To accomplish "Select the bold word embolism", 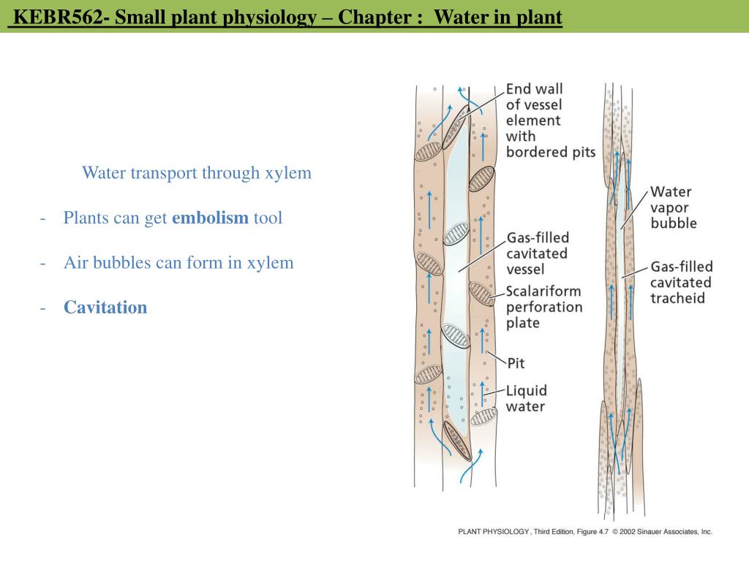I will tap(210, 218).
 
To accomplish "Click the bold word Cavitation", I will tap(105, 307).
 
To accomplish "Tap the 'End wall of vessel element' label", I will tap(550, 121).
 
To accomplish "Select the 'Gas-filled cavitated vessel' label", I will tap(538, 253).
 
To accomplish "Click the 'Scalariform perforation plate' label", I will tap(544, 308).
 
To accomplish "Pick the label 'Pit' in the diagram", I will tap(516, 362).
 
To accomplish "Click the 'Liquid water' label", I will tap(527, 398).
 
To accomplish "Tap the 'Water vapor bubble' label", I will tap(674, 207).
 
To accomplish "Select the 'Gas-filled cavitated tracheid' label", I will tap(681, 283).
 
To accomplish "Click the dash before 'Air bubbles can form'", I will tap(44, 262).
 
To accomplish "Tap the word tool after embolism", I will tap(268, 218).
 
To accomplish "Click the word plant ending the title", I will tap(539, 17).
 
